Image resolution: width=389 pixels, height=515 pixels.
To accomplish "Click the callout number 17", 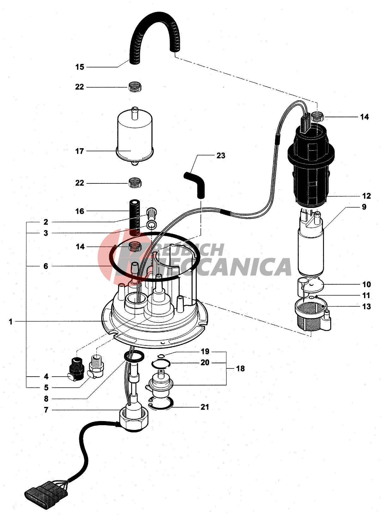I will point(80,151).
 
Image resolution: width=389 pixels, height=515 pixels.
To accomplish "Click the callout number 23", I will point(221,155).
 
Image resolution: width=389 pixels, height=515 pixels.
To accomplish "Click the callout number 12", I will point(366,196).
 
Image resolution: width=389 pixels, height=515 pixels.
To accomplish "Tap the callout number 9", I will point(364,207).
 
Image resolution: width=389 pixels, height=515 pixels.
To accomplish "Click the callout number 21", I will point(205,407).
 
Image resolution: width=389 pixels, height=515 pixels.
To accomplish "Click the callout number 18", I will point(240,368).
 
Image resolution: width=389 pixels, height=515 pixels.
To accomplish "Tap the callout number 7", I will point(46,410).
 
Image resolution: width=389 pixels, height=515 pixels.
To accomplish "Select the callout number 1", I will point(11,322).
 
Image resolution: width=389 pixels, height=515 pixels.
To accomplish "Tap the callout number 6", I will point(46,266).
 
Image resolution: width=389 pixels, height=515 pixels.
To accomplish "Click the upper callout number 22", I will point(80,87).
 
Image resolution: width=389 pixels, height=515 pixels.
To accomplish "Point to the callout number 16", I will point(80,211).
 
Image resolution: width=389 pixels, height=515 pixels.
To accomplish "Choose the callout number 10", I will point(366,285).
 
